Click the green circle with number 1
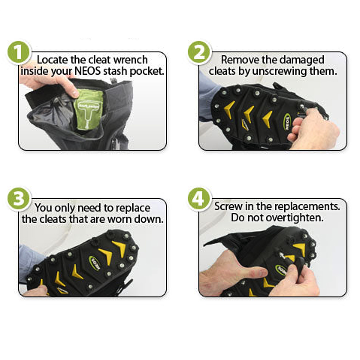pyautogui.click(x=18, y=52)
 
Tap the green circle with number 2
pyautogui.click(x=199, y=52)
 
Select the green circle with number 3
pyautogui.click(x=18, y=198)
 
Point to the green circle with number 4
pyautogui.click(x=199, y=198)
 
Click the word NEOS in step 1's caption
pyautogui.click(x=88, y=71)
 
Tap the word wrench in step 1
pyautogui.click(x=131, y=60)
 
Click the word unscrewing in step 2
pyautogui.click(x=280, y=71)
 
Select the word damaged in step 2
pyautogui.click(x=302, y=60)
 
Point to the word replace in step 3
pyautogui.click(x=133, y=208)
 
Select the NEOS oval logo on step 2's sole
pyautogui.click(x=287, y=122)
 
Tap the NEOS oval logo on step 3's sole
pyautogui.click(x=95, y=263)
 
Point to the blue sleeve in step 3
pyautogui.click(x=30, y=259)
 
